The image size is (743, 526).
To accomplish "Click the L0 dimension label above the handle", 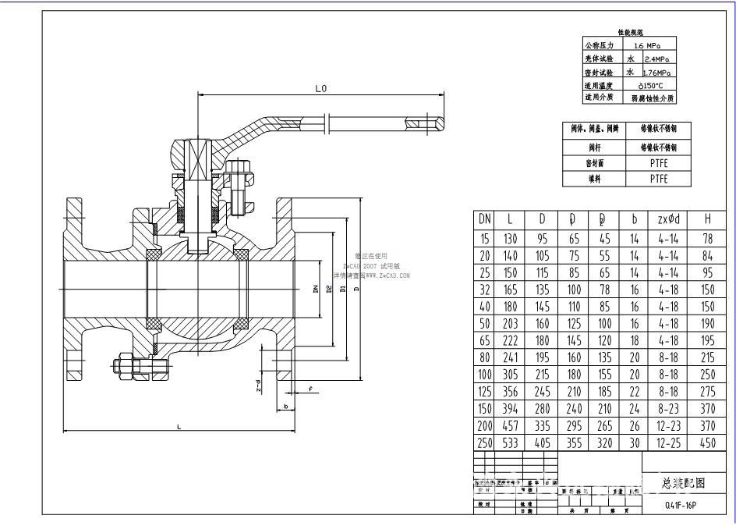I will coord(320,89).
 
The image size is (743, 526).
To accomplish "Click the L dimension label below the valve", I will coord(179,426).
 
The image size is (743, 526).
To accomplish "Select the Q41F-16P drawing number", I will coord(675,504).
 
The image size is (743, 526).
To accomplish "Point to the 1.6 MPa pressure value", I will coord(647,45).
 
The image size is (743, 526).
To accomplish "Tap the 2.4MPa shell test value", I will coord(659,59).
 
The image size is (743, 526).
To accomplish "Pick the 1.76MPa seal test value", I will coord(659,72).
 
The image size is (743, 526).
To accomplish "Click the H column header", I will coord(707,219).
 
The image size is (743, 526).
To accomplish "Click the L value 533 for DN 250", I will coord(510,442).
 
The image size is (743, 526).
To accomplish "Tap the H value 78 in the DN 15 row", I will coord(707,238).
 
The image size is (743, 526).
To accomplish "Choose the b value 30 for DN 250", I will coord(634,442).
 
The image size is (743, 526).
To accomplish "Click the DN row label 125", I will coord(484,391).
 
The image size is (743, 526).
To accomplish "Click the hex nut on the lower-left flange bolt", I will coord(125,366).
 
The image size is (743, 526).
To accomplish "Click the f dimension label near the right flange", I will coord(310,388).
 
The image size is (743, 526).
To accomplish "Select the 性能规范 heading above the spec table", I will coord(629,32).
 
